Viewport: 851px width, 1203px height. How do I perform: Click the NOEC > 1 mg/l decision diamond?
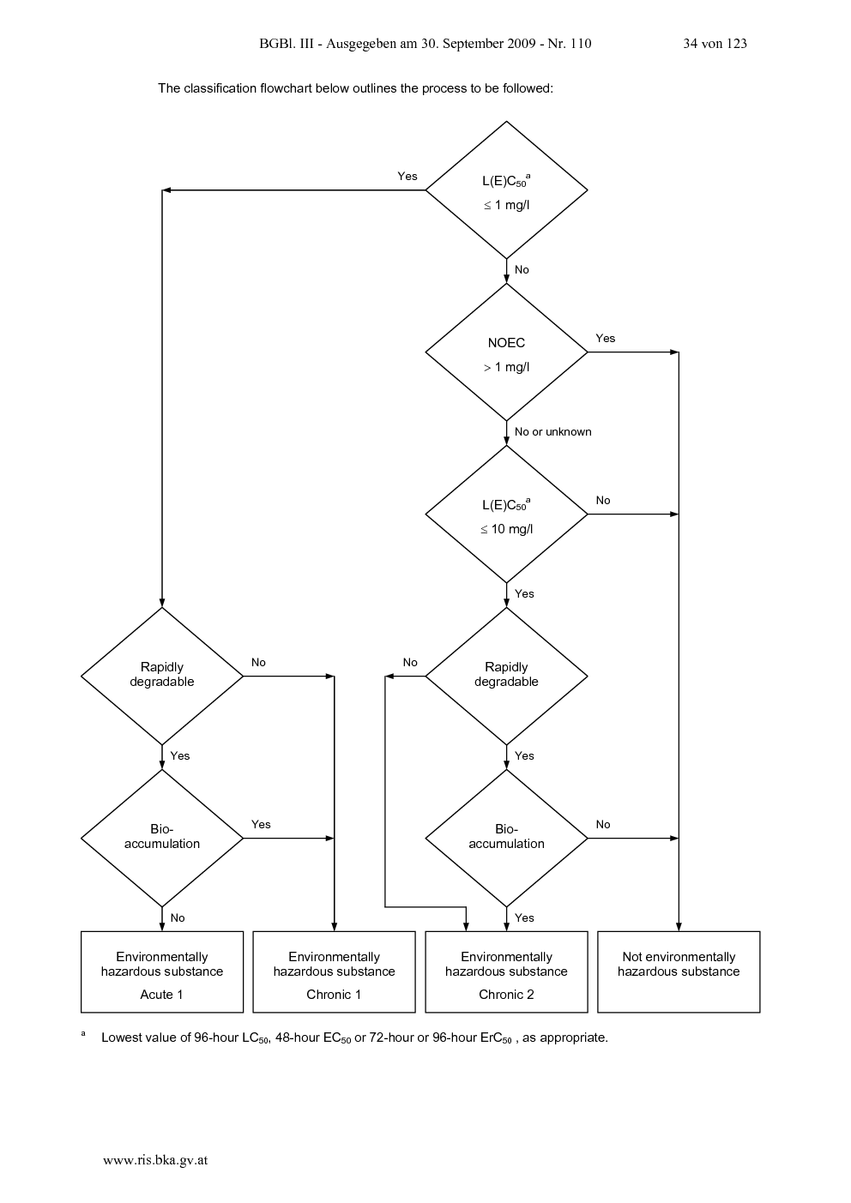[506, 352]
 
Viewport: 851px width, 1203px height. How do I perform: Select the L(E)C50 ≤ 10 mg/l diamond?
[506, 514]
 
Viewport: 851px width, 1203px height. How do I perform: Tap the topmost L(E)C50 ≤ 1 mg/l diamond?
[506, 190]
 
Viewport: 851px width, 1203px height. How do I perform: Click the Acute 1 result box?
[162, 972]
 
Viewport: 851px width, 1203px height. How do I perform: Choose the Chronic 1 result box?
[335, 972]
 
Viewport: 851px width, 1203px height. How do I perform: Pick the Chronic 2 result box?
[506, 972]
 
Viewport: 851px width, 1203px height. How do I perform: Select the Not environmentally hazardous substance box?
[679, 972]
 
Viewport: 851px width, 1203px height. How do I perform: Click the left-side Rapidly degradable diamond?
[162, 677]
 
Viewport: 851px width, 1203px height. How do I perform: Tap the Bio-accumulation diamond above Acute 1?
[162, 839]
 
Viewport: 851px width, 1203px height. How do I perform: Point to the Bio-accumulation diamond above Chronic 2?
[506, 839]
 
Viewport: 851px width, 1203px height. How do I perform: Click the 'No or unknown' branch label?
[552, 432]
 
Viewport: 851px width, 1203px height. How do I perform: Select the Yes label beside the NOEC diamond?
[605, 339]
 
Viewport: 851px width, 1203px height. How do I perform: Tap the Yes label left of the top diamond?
[407, 176]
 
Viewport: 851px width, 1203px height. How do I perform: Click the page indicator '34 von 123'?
[715, 44]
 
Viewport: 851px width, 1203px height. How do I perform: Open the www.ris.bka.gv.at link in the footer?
[155, 1160]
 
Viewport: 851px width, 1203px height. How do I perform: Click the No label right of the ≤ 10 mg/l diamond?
[603, 501]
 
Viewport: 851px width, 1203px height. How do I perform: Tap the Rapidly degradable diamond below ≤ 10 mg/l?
[506, 677]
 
